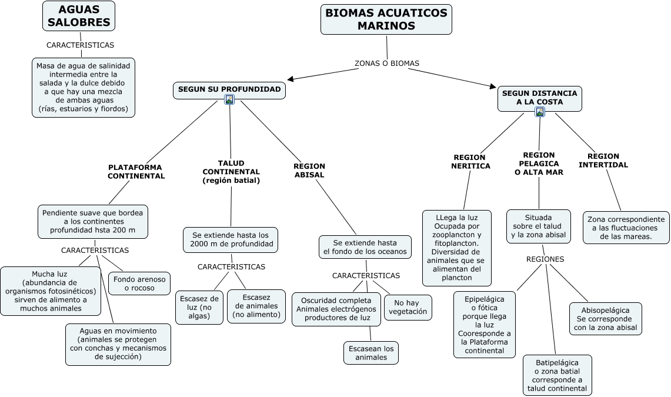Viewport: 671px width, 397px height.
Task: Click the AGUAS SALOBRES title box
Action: tap(79, 16)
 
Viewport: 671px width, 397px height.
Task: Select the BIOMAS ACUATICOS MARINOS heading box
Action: tap(386, 19)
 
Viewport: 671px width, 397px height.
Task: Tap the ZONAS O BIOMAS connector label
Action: tap(387, 63)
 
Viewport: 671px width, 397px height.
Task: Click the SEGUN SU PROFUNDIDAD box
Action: tap(229, 90)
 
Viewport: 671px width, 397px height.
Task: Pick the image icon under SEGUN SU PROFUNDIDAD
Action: tap(229, 100)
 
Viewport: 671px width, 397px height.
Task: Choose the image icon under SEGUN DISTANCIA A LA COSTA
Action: tap(540, 112)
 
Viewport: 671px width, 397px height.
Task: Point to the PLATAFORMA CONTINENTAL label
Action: tap(136, 171)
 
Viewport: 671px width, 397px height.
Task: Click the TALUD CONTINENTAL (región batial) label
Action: tap(231, 171)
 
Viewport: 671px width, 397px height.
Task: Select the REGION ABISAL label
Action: tap(309, 171)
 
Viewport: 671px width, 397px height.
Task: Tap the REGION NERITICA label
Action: tap(470, 162)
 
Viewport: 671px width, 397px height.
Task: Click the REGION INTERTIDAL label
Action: tap(603, 161)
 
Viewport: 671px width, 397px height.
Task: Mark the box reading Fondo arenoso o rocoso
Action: tap(140, 283)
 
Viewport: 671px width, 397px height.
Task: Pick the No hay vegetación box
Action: tap(408, 307)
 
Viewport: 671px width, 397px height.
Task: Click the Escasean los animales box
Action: tap(371, 353)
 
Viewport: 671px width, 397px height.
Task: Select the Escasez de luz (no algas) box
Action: tap(199, 307)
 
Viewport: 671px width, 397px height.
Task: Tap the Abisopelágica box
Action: tap(605, 319)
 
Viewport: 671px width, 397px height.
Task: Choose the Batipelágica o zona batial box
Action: tap(557, 375)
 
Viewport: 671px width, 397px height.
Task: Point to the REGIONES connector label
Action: tap(545, 259)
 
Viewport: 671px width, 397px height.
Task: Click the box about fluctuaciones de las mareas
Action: tap(626, 228)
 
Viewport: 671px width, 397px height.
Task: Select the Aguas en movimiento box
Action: tap(118, 343)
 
